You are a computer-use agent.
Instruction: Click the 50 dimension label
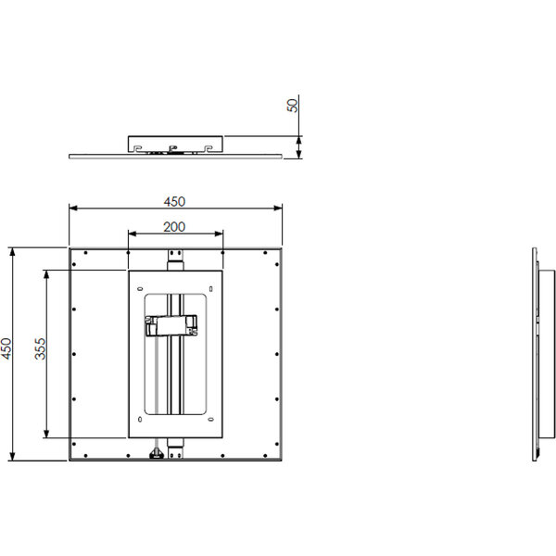tap(293, 106)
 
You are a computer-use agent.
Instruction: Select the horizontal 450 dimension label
tap(174, 202)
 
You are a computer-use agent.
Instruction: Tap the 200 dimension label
tap(174, 227)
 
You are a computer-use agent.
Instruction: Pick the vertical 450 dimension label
tap(6, 348)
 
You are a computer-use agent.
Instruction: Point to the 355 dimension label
tap(41, 348)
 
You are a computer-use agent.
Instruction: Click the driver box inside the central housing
tap(171, 325)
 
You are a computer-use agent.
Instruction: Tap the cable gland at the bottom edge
tap(156, 453)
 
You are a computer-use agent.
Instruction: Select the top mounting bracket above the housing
tap(175, 260)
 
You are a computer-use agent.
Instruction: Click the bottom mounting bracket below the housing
tap(175, 449)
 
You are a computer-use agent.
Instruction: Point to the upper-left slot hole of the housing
tap(139, 288)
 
